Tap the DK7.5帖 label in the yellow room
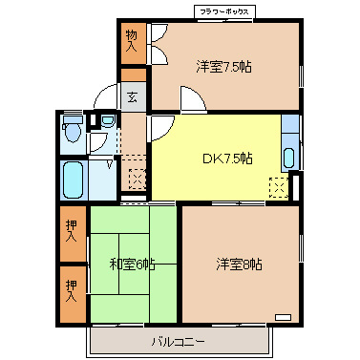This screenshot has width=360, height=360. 226,157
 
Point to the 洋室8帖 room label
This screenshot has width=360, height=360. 239,263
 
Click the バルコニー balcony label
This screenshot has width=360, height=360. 179,341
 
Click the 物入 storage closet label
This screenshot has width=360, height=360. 132,41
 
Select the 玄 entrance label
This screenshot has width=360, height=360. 133,96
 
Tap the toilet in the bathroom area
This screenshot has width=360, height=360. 72,129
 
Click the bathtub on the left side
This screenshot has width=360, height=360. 73,178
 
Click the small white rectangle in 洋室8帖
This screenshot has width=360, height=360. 283,315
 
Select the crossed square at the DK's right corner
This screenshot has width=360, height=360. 278,187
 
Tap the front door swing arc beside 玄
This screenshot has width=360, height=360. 106,99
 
